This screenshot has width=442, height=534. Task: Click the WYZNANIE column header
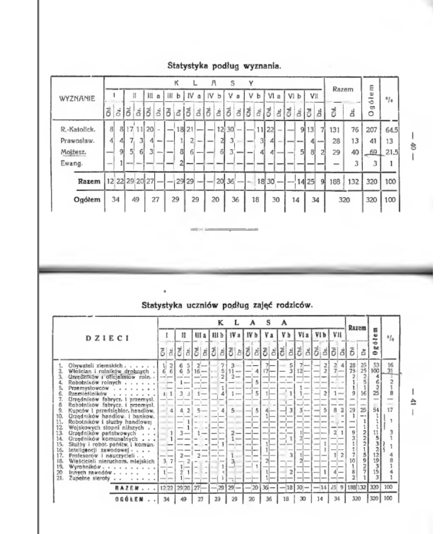76,97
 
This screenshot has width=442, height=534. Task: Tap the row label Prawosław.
69,141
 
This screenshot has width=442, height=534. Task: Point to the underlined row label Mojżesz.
67,152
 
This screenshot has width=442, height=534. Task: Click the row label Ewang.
64,163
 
